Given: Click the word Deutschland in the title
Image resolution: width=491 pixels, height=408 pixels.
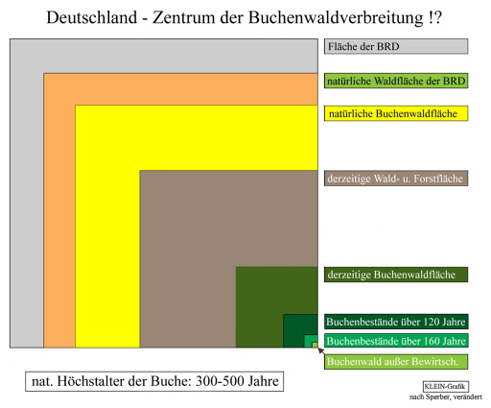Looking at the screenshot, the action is [x=92, y=17].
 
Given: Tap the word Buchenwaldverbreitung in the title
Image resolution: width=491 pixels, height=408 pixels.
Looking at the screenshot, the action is [x=336, y=17].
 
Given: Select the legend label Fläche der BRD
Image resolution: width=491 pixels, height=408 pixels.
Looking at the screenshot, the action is [x=363, y=47].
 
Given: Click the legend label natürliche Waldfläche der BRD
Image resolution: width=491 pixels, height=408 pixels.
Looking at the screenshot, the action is [x=396, y=81].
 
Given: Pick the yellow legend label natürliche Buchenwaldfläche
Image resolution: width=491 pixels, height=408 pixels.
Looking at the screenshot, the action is [x=393, y=113].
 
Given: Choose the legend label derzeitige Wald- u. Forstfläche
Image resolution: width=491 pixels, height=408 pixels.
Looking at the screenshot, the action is [x=395, y=179].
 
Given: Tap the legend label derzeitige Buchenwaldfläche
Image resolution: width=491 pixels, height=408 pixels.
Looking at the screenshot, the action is [x=391, y=275].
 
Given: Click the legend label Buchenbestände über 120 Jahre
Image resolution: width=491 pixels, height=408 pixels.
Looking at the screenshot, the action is [x=396, y=322].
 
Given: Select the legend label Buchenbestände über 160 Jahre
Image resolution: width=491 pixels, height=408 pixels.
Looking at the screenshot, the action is [x=396, y=341].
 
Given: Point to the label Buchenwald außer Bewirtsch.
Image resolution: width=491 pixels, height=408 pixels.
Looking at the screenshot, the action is [x=392, y=362].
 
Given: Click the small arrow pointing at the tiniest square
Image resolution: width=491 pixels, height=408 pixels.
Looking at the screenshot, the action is [x=321, y=351].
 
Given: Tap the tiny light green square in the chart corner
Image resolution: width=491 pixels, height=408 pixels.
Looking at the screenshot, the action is [x=315, y=345].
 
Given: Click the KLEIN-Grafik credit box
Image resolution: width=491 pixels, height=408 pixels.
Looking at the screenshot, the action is [x=446, y=387].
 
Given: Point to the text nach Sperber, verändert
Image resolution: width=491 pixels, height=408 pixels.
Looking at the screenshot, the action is [x=446, y=397].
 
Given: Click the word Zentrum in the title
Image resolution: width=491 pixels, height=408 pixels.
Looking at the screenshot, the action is [x=184, y=17].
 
